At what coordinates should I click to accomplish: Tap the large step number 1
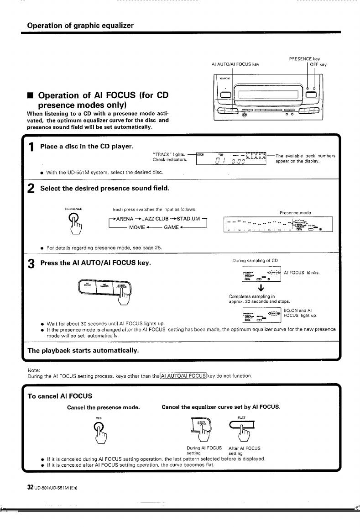coord(31,148)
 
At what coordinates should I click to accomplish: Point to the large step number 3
coord(31,264)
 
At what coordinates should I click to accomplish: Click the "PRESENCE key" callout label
coord(304,58)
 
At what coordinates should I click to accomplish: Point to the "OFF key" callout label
coord(318,64)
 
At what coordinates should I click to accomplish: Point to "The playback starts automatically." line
coord(83,351)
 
